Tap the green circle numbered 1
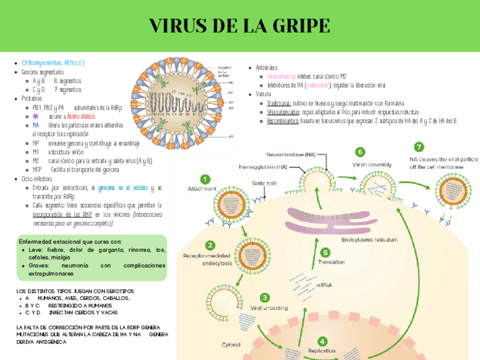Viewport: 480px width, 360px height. click(x=205, y=178)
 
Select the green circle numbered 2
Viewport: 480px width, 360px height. click(x=210, y=245)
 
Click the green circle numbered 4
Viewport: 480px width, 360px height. click(x=322, y=342)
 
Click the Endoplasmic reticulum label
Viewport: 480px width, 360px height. click(x=368, y=241)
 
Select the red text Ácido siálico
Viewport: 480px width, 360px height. click(x=81, y=115)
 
